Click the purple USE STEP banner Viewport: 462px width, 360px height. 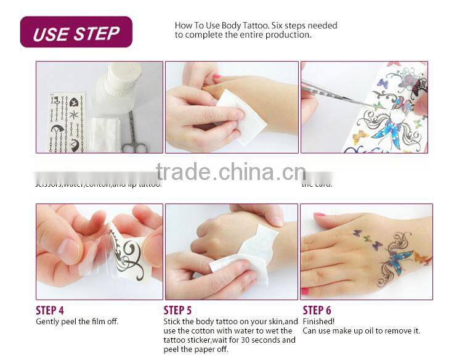coord(76,33)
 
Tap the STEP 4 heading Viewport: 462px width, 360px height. coord(50,310)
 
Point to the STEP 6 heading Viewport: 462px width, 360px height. coord(317,310)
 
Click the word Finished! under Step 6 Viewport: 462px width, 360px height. coord(318,321)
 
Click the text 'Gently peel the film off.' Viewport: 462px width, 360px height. coord(77,321)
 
